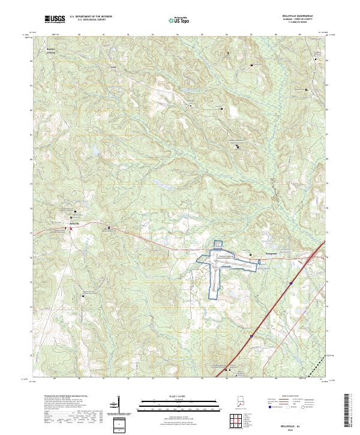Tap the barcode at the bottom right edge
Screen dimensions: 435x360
[351, 414]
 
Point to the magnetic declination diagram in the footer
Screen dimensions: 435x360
[116, 408]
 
